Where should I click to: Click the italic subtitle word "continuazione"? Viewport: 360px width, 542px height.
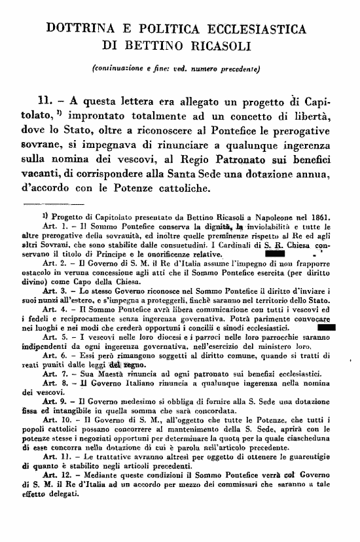pos(129,67)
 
